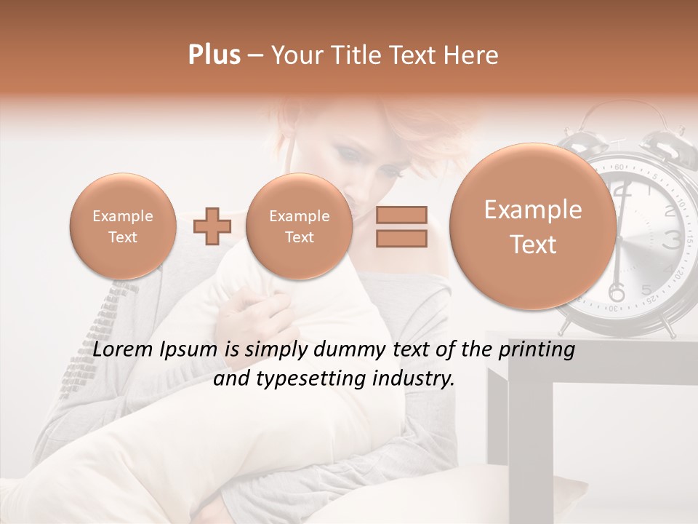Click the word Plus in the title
[x=214, y=55]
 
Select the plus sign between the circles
[x=212, y=226]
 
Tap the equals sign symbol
[x=401, y=226]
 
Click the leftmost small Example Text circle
[x=122, y=226]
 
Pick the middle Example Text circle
[x=299, y=226]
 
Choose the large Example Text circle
[x=533, y=226]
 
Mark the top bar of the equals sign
[x=401, y=215]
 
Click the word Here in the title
[x=473, y=55]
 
